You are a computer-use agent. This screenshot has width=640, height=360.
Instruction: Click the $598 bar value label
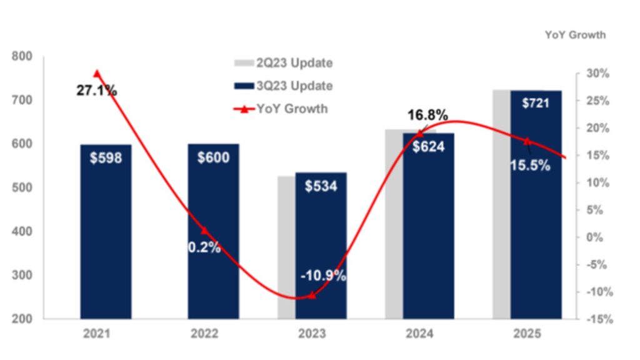pyautogui.click(x=106, y=157)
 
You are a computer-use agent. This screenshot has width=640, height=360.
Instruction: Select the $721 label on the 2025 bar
pyautogui.click(x=536, y=102)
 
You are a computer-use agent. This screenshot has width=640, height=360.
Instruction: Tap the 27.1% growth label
pyautogui.click(x=97, y=91)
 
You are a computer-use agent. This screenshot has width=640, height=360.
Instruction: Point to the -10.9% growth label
pyautogui.click(x=322, y=276)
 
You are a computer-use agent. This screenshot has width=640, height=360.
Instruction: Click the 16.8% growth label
pyautogui.click(x=428, y=115)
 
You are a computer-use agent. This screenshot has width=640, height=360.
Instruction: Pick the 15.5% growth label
pyautogui.click(x=530, y=166)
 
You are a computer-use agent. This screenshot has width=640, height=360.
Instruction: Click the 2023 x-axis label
pyautogui.click(x=311, y=334)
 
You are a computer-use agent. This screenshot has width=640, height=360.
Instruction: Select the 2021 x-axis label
pyautogui.click(x=96, y=334)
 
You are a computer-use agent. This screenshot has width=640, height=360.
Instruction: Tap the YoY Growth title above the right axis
pyautogui.click(x=575, y=35)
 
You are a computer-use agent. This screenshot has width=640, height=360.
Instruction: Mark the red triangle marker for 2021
pyautogui.click(x=97, y=74)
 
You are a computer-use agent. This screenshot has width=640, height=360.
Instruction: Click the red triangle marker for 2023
pyautogui.click(x=312, y=295)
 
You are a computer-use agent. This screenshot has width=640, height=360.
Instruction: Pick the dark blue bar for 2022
pyautogui.click(x=213, y=250)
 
